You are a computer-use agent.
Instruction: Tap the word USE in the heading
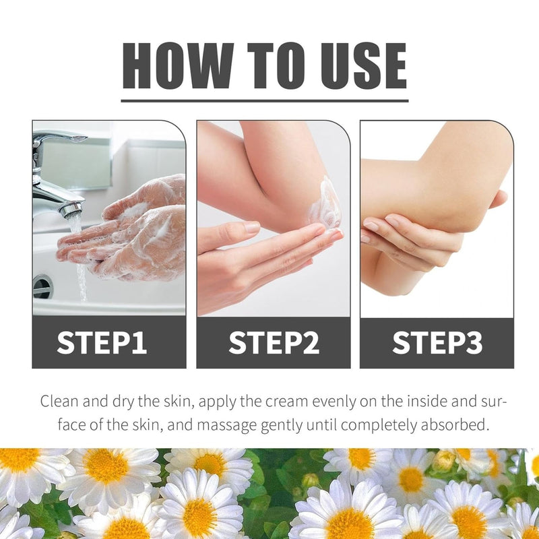pos(363,65)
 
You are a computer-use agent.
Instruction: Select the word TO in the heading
pos(276,65)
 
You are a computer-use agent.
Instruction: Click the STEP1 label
pos(102,342)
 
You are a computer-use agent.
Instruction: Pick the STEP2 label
pos(274,342)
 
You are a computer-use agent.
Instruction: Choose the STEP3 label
pos(437,342)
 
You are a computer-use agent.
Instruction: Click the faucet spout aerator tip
pos(71,210)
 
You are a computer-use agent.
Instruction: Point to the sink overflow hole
pos(43,286)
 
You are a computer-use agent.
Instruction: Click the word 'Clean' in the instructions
pos(59,401)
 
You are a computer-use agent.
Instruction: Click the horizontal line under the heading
pos(265,100)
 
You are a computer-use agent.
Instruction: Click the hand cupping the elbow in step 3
pos(409,241)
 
